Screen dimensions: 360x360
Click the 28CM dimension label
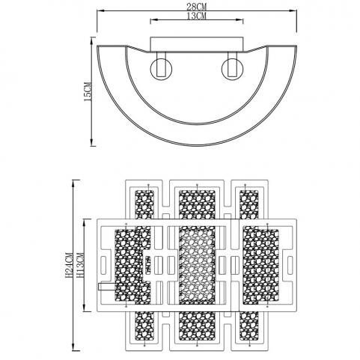tap(197, 7)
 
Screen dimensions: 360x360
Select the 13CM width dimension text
tap(197, 16)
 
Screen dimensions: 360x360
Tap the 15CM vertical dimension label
tap(88, 91)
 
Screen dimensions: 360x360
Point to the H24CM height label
tap(69, 265)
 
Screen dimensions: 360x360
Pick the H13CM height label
tap(79, 265)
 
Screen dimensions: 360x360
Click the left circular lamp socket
tap(161, 69)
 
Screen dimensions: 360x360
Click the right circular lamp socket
tap(233, 69)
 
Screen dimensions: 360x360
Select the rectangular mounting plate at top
tap(197, 44)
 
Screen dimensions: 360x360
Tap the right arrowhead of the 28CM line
tap(293, 10)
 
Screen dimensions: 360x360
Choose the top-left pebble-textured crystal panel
tap(144, 205)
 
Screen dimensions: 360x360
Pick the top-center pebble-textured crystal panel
tap(197, 205)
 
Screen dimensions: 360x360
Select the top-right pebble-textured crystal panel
tap(249, 205)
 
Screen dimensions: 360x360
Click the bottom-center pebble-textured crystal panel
tap(197, 326)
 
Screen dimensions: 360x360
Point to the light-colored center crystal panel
tap(197, 266)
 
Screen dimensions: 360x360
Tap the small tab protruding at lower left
tap(107, 287)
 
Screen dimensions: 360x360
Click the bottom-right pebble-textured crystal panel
tap(249, 326)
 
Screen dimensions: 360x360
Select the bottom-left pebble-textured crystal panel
tap(144, 326)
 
